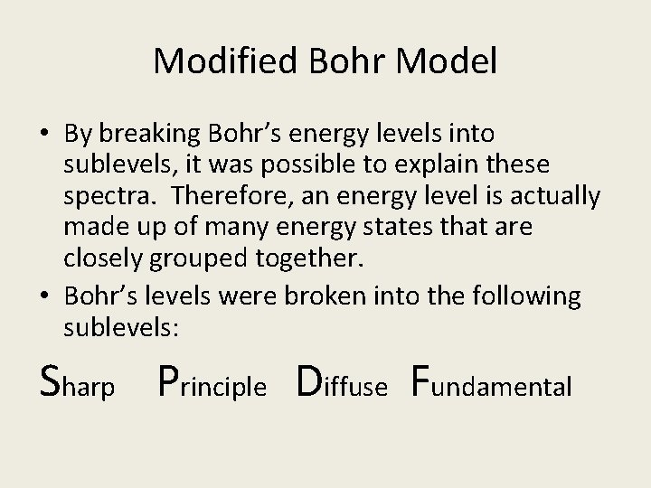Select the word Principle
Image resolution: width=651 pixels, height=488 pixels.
coord(212,383)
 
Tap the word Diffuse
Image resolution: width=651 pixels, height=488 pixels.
coord(343,383)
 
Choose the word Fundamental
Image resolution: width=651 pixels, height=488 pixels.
coord(492,383)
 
